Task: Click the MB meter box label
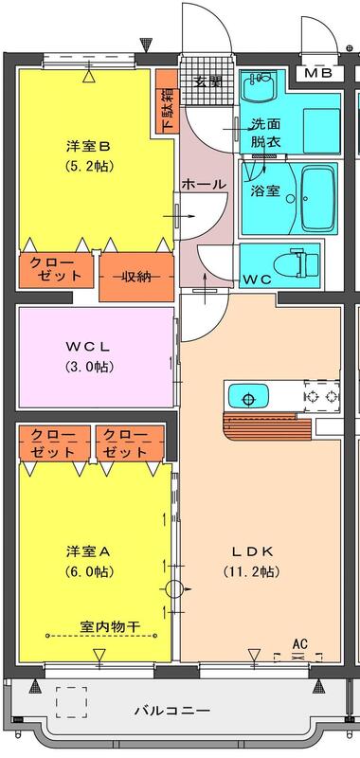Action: (318, 74)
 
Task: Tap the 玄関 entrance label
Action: (208, 81)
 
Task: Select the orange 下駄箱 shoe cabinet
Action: (168, 101)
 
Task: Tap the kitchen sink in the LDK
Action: (248, 396)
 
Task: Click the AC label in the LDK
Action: (300, 644)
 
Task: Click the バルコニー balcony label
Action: (172, 711)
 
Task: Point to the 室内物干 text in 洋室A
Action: (110, 626)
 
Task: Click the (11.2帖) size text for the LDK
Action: (251, 572)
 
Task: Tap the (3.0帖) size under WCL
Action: (89, 367)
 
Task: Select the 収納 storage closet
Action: (136, 277)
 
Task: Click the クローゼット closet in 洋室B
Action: (56, 270)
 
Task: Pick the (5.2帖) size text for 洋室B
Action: (89, 166)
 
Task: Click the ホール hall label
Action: (204, 184)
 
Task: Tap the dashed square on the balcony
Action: (71, 702)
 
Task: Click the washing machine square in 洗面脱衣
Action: (321, 125)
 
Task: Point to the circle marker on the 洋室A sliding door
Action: (173, 589)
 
